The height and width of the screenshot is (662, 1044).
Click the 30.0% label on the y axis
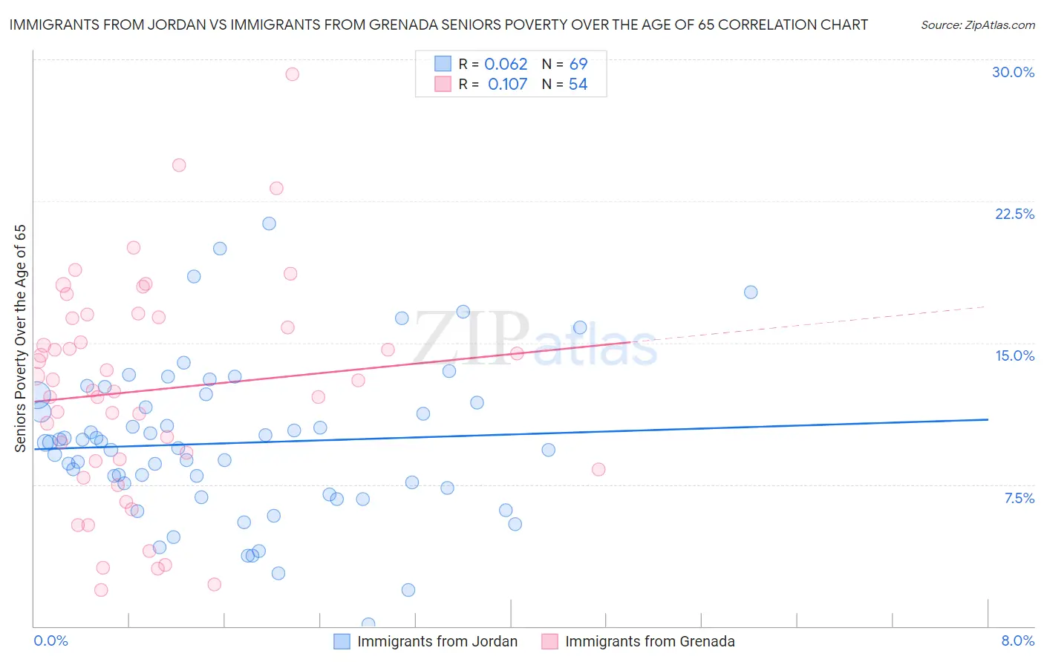click(x=1013, y=72)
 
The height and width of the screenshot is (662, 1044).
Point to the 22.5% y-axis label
click(x=1014, y=214)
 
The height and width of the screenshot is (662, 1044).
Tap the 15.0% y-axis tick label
click(x=1014, y=355)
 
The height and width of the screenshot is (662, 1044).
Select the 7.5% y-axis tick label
click(x=1019, y=498)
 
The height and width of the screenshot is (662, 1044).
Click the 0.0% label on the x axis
click(x=50, y=640)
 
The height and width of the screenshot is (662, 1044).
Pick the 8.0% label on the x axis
click(x=1017, y=640)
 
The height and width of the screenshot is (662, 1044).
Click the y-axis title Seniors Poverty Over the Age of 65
click(x=20, y=338)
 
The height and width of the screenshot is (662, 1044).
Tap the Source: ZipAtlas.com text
click(x=977, y=25)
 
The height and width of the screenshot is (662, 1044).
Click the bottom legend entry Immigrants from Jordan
click(x=437, y=641)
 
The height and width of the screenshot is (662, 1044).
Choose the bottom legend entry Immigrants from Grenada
click(x=649, y=641)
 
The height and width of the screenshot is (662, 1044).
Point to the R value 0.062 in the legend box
click(x=506, y=65)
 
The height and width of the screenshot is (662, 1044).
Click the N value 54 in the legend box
click(x=578, y=85)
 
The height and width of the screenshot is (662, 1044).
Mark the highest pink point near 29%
click(x=293, y=74)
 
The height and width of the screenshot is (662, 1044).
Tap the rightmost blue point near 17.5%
click(x=751, y=292)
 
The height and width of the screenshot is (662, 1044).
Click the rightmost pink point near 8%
click(x=598, y=469)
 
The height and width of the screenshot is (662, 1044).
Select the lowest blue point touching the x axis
click(x=368, y=624)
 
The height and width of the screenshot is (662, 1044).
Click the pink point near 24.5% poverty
click(x=179, y=165)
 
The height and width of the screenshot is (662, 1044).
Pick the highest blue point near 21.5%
click(x=270, y=223)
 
